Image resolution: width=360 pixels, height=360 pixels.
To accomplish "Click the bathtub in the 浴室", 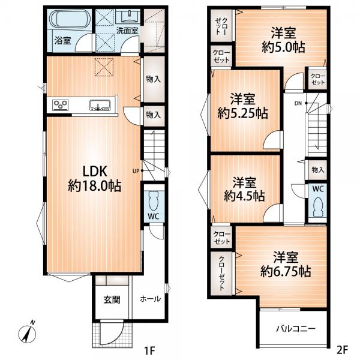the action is [x=69, y=19].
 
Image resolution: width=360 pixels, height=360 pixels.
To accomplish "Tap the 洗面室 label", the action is [x=127, y=31].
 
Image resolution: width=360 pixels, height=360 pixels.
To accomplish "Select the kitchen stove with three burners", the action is [x=61, y=105].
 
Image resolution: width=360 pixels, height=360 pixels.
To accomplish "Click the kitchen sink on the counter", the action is [x=100, y=105].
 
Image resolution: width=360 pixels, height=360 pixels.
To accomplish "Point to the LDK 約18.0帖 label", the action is [x=95, y=178].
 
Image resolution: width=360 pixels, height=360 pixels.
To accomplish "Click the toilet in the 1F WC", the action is [x=154, y=201].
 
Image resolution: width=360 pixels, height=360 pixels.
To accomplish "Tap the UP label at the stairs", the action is [x=136, y=171].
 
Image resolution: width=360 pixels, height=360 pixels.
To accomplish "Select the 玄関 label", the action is [x=112, y=299].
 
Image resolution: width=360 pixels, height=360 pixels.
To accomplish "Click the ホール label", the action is [x=151, y=299].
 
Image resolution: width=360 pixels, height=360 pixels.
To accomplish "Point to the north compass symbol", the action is [x=27, y=333].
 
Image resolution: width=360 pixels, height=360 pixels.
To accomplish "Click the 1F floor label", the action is [x=149, y=350].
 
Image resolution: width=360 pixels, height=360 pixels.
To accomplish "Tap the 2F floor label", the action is [x=342, y=350].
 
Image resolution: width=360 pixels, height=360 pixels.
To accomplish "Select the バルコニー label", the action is [x=296, y=329].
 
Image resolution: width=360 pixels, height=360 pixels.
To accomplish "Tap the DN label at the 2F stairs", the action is [x=298, y=104].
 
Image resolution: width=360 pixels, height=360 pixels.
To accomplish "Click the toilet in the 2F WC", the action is [x=318, y=208].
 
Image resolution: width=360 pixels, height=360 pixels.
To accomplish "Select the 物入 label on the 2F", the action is [x=318, y=170].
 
